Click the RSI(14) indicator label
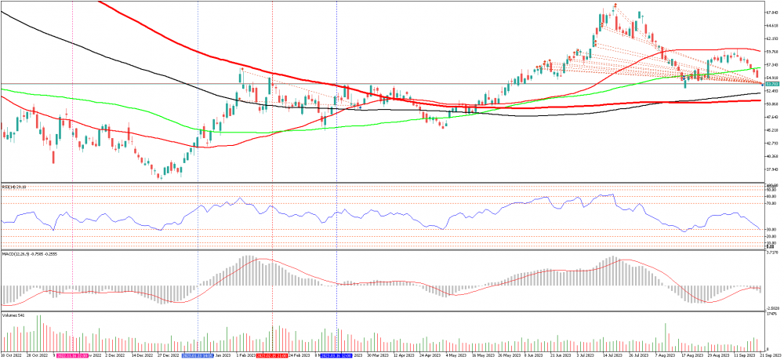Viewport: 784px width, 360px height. pyautogui.click(x=13, y=186)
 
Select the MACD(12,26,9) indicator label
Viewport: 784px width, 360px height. pyautogui.click(x=23, y=253)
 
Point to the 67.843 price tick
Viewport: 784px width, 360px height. pyautogui.click(x=771, y=13)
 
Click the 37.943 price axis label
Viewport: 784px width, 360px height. pyautogui.click(x=771, y=168)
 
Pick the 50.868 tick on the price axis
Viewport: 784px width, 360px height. pyautogui.click(x=771, y=104)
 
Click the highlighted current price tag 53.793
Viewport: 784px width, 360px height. pyautogui.click(x=771, y=83)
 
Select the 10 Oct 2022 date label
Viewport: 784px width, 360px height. pyautogui.click(x=11, y=355)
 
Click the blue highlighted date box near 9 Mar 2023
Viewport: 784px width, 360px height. pyautogui.click(x=335, y=355)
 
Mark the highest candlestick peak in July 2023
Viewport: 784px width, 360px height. pyautogui.click(x=615, y=5)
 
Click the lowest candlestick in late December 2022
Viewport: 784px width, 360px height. pyautogui.click(x=160, y=176)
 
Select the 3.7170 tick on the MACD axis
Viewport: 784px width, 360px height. pyautogui.click(x=771, y=253)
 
